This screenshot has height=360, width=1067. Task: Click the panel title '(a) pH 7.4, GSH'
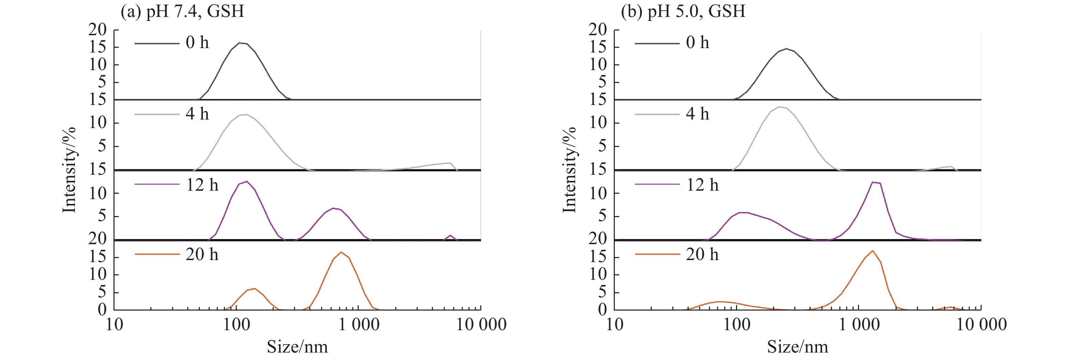pos(182,11)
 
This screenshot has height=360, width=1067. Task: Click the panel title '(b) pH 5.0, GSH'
pos(683,11)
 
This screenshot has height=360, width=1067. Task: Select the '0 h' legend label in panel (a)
pos(197,43)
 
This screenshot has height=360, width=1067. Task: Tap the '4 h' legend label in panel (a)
pos(197,114)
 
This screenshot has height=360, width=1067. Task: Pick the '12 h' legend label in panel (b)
pos(702,185)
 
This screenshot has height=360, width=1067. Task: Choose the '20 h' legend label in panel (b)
pos(702,254)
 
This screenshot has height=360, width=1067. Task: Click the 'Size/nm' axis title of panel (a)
pos(297,347)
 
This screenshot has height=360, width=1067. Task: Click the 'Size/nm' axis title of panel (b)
pos(797,347)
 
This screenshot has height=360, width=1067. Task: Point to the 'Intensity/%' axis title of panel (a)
pos(69,170)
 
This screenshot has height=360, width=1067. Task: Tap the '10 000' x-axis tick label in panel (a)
pos(481,324)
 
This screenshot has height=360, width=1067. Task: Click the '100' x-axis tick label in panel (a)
pos(236,324)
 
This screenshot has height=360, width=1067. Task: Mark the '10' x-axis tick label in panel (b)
pos(615,324)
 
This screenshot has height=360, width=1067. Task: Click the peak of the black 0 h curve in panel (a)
pos(240,43)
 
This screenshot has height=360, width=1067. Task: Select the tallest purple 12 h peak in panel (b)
pos(873,182)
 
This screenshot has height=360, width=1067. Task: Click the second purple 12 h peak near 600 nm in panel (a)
pos(333,208)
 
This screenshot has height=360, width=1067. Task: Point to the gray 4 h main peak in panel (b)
pos(779,107)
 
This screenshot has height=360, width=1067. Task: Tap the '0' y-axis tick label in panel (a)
pos(102,310)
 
